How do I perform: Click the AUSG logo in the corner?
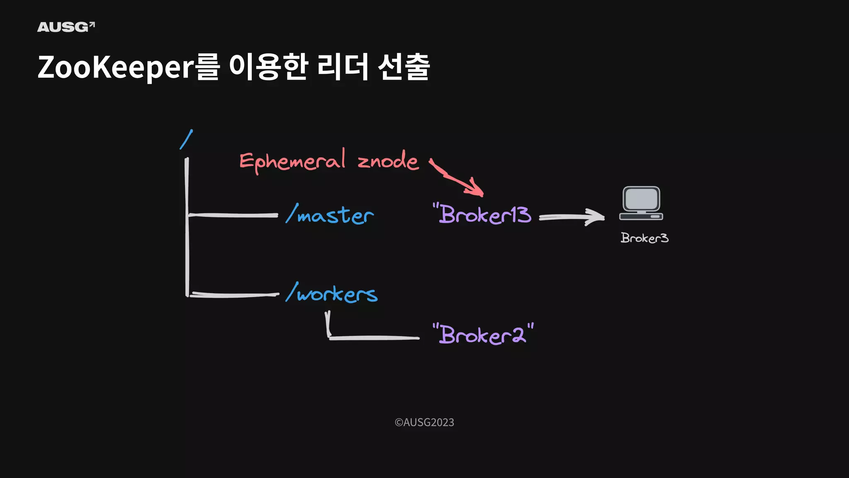click(65, 27)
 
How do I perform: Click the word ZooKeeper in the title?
click(116, 67)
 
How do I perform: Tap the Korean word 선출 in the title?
click(403, 67)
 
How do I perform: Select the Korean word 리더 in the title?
click(342, 67)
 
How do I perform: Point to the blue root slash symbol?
click(186, 139)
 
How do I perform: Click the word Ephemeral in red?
click(292, 161)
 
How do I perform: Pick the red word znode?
click(388, 161)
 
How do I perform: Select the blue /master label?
click(330, 215)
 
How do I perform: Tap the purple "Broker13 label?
click(482, 214)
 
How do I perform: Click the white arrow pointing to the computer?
click(571, 217)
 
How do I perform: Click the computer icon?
click(641, 203)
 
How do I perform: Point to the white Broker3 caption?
click(644, 238)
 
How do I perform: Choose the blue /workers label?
click(332, 293)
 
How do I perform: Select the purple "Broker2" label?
click(483, 334)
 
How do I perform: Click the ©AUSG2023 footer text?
click(424, 422)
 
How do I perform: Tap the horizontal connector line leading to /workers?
click(234, 295)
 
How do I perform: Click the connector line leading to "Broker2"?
click(373, 338)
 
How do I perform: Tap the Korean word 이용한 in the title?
click(268, 67)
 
